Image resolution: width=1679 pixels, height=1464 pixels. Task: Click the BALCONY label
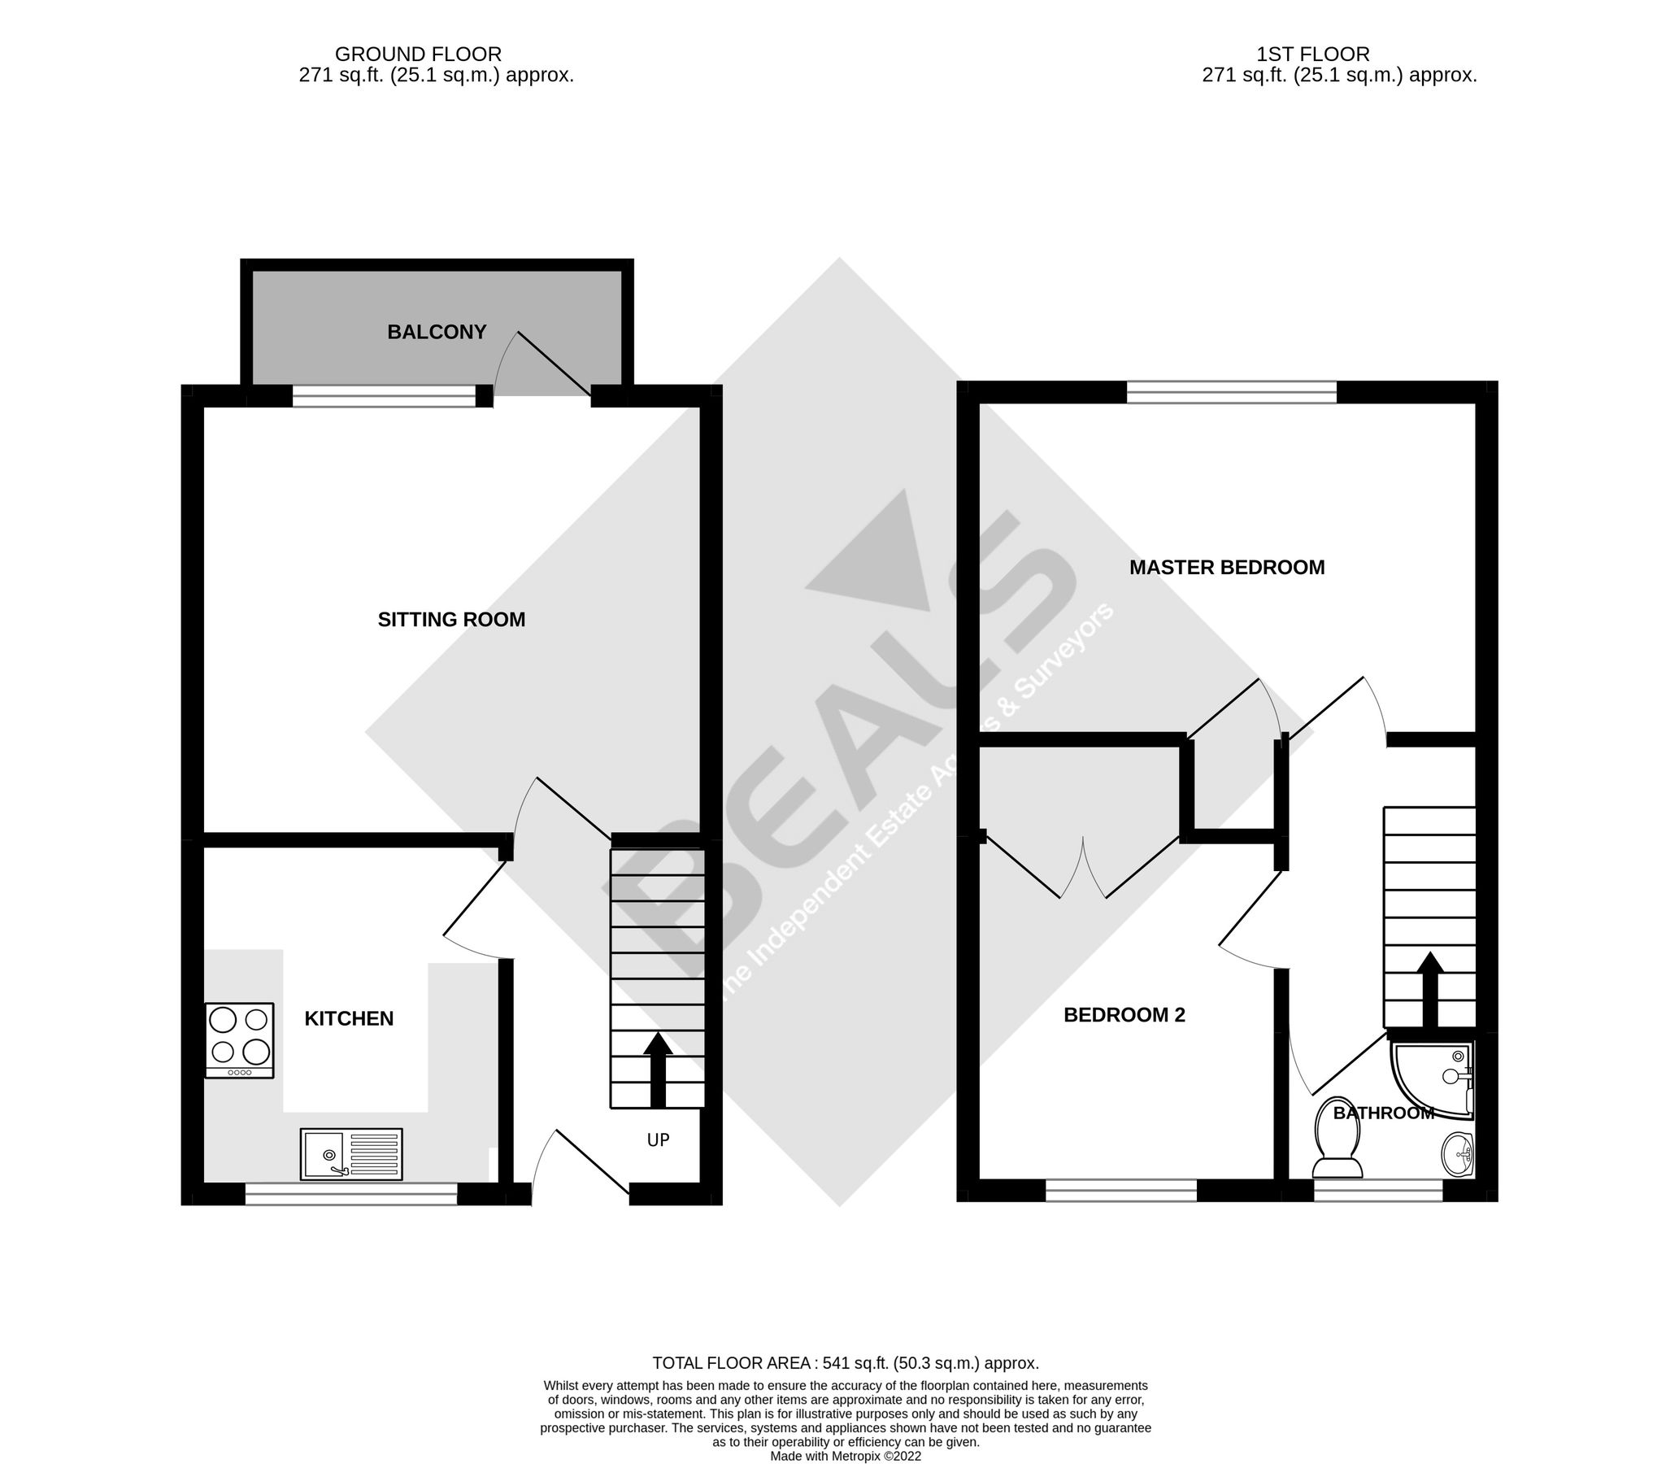pos(436,332)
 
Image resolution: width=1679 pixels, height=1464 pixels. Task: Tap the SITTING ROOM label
pos(450,619)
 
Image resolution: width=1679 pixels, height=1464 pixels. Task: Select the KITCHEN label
pos(349,1018)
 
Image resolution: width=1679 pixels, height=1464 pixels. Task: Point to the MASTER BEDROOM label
pos(1227,567)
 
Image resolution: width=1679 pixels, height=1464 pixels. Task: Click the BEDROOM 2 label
pos(1124,1015)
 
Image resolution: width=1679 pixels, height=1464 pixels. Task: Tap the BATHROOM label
pos(1383,1113)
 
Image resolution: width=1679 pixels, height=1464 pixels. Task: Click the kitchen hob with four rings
pos(239,1040)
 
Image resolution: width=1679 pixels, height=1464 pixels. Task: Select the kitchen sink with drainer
pos(351,1153)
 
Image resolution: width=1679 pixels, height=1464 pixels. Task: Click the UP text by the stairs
pos(659,1139)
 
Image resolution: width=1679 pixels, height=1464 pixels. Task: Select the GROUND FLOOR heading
pos(418,54)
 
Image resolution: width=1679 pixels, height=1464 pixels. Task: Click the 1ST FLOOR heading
pos(1313,54)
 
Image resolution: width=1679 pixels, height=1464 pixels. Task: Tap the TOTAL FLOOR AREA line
pos(846,1362)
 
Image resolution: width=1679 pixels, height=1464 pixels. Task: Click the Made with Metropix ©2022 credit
pos(846,1456)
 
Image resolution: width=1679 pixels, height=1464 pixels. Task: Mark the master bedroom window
pos(1232,392)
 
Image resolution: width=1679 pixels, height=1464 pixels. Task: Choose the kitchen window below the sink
pos(351,1195)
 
